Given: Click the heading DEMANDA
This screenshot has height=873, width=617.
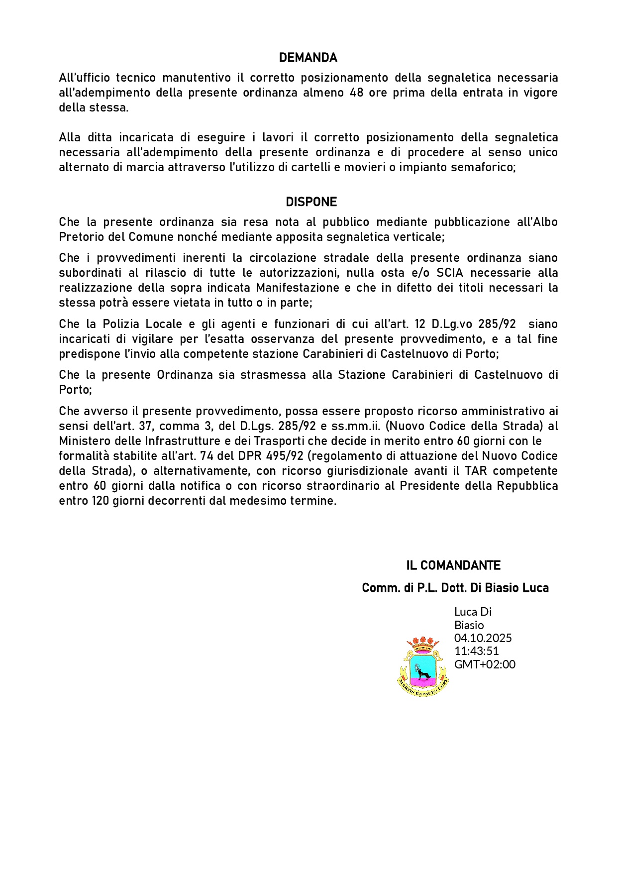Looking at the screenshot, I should (x=308, y=58).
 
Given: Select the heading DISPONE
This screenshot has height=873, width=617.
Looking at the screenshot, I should (x=311, y=202).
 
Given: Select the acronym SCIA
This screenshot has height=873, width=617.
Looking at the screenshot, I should (x=451, y=273).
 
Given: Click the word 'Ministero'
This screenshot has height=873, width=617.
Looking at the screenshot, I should (x=82, y=441).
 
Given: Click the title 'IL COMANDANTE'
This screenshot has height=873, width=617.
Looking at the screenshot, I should (x=453, y=565).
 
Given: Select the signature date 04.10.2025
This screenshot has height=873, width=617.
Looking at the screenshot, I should (x=483, y=638).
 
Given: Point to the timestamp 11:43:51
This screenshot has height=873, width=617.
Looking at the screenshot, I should (x=476, y=651).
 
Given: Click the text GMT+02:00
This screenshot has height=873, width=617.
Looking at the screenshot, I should (x=485, y=664).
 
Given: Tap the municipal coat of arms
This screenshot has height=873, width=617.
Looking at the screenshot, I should (x=423, y=666).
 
